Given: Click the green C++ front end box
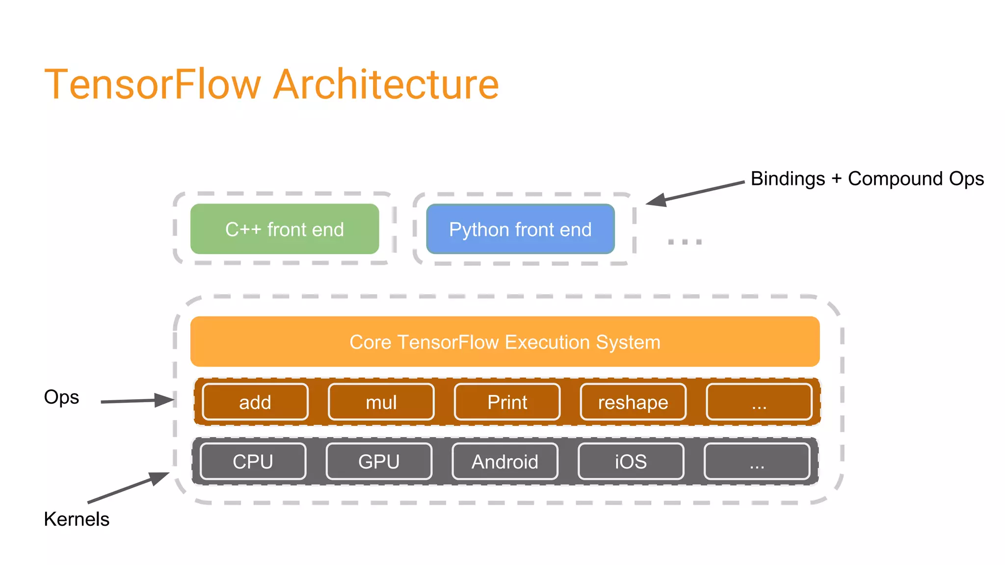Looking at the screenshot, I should click(285, 229).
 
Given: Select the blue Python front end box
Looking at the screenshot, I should click(520, 229).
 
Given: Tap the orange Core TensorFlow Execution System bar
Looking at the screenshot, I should click(504, 342).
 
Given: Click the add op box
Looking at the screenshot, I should click(255, 402).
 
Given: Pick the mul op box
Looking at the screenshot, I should click(381, 402).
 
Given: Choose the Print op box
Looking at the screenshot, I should click(507, 402).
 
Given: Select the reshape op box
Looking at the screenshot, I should click(633, 402).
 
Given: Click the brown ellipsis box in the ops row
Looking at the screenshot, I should click(759, 402).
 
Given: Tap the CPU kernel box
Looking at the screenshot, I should click(253, 462).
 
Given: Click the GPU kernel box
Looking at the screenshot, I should click(379, 462).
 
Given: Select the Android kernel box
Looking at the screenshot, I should click(505, 462).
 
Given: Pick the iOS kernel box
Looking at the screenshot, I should click(631, 462).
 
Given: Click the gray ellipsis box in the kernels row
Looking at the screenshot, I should click(757, 462).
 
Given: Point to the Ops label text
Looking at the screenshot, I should click(61, 397).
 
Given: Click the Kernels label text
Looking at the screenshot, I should click(77, 519).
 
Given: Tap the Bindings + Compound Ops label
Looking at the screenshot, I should click(867, 179).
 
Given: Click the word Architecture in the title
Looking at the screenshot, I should click(386, 84).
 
